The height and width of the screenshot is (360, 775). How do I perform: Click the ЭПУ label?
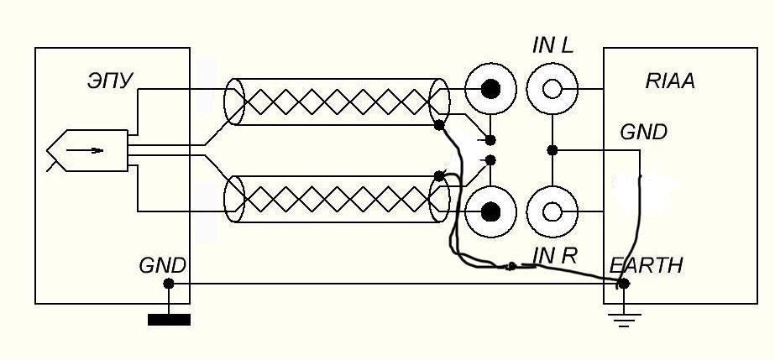click(x=108, y=81)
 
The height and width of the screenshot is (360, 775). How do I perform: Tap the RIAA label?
click(x=670, y=81)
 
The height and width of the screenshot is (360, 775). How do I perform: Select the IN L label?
click(x=552, y=46)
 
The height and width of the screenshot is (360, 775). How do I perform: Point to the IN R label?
click(x=554, y=256)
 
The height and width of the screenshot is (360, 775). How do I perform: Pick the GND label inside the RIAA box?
click(x=643, y=133)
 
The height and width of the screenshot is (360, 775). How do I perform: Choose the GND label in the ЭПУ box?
click(x=162, y=266)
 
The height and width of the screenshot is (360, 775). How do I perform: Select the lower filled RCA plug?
click(x=491, y=211)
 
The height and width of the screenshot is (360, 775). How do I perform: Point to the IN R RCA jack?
click(x=552, y=211)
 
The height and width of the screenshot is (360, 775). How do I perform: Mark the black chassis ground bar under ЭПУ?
click(x=169, y=319)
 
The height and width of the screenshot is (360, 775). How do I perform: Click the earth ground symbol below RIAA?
click(x=623, y=318)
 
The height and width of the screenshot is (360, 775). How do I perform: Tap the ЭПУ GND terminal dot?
click(x=169, y=284)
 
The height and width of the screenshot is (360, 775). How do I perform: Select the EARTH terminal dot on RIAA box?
click(x=623, y=284)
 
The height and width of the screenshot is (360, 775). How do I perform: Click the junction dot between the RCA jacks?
click(x=552, y=150)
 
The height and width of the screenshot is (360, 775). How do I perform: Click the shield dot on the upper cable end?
click(x=438, y=126)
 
